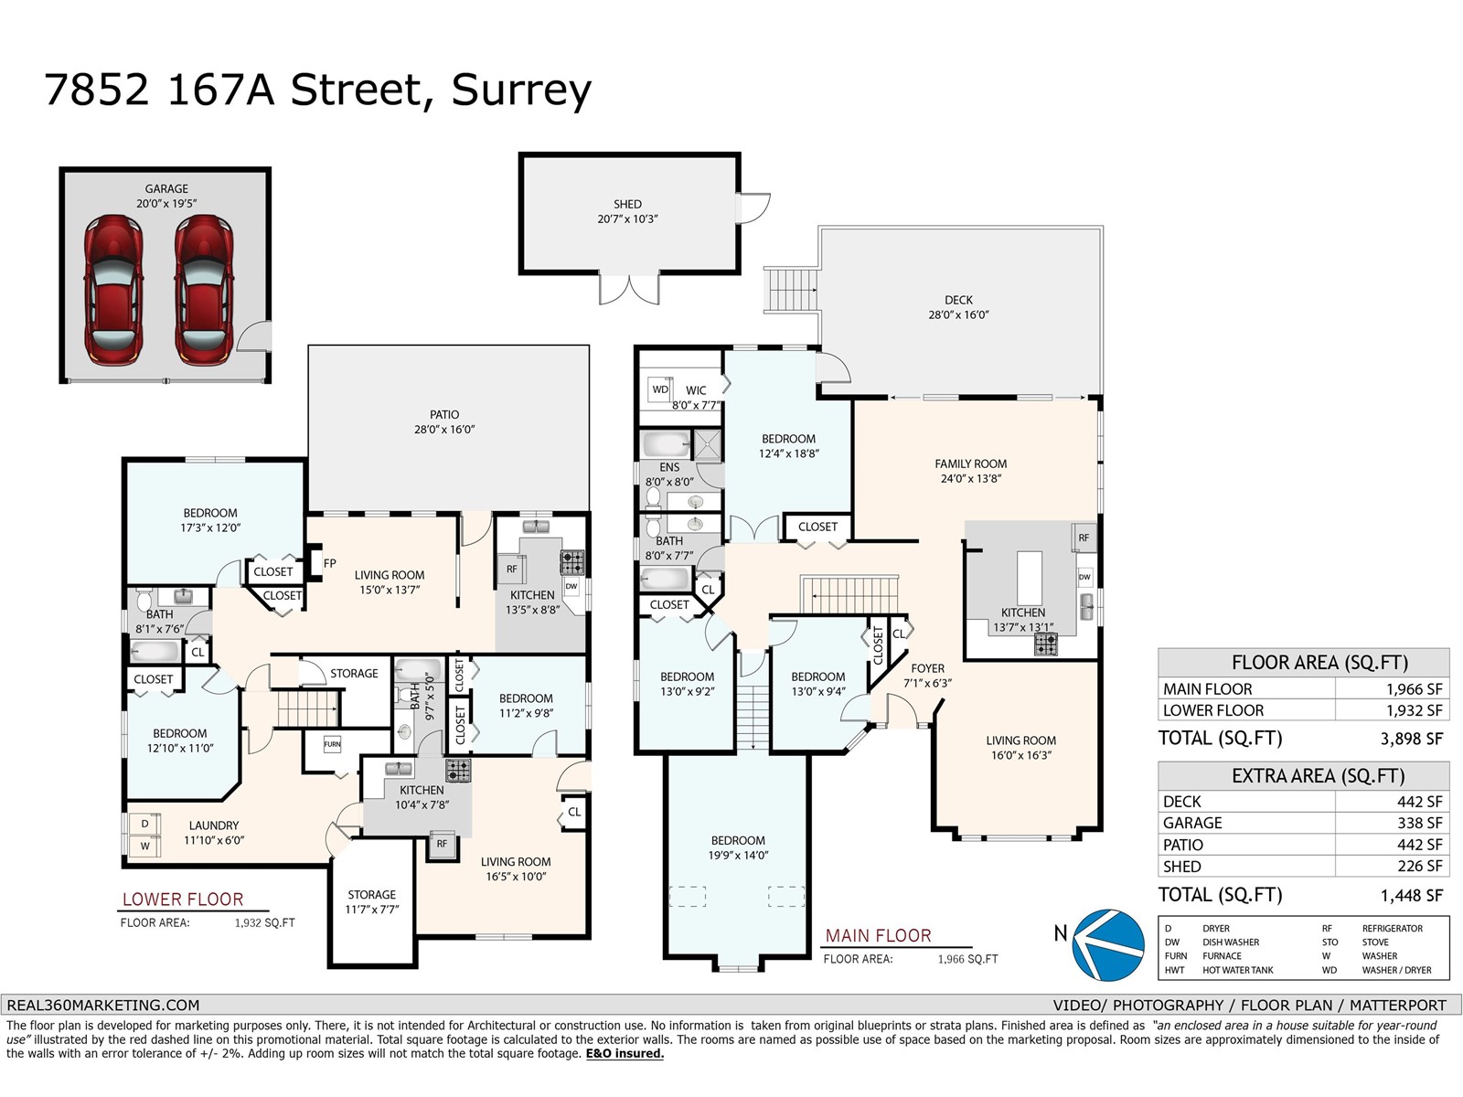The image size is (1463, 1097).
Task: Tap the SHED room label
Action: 627,205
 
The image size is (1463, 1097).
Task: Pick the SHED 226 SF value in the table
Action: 1419,867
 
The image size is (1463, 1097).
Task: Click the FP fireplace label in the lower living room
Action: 329,564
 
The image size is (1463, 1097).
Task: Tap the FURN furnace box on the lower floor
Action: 332,744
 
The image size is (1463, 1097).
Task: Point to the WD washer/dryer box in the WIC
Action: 660,389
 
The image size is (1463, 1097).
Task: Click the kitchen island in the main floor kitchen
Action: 1030,572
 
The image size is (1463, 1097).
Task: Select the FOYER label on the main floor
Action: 927,668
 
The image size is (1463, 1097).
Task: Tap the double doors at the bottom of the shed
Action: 629,288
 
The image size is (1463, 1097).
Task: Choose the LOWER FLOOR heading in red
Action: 183,900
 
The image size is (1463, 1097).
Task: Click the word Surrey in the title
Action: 521,90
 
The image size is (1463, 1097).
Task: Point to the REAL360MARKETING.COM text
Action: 102,1005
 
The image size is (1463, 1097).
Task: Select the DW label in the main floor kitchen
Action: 1084,578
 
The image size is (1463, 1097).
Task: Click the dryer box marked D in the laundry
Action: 144,824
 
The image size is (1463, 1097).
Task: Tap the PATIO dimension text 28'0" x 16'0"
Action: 444,430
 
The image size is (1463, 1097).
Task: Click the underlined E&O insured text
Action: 625,1054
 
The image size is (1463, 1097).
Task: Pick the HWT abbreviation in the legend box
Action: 1174,970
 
